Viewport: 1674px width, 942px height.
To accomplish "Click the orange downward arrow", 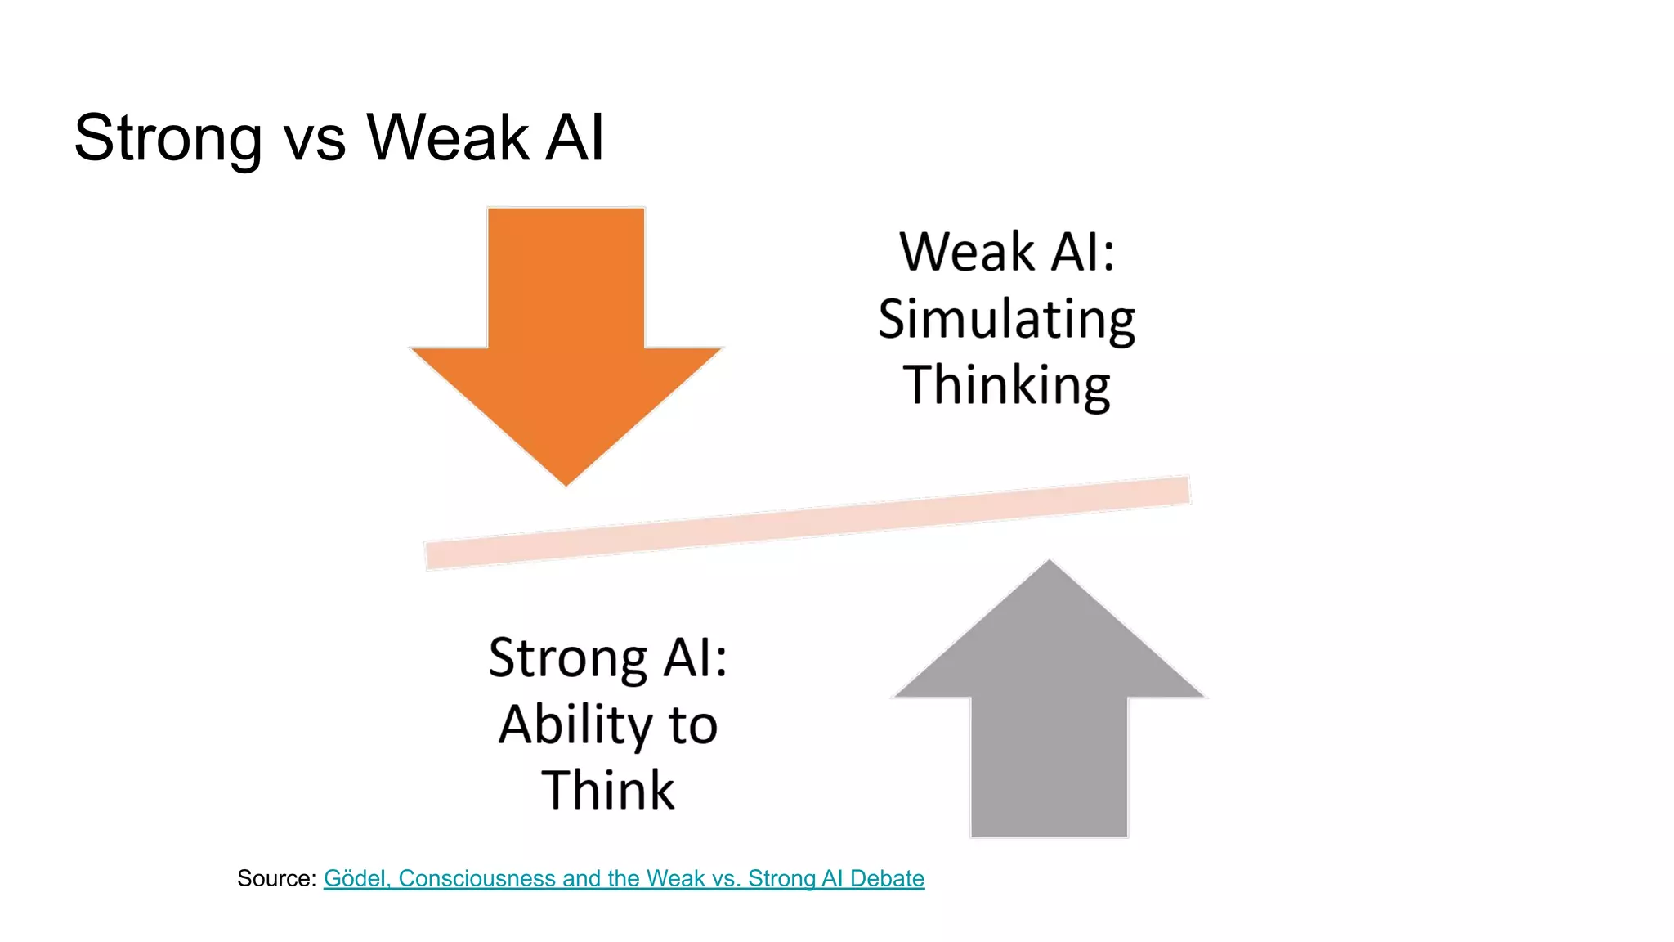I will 566,327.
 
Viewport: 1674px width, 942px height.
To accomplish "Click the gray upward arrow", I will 1050,711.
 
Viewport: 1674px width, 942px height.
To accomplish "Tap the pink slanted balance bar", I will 808,523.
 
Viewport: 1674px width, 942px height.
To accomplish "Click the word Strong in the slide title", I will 168,138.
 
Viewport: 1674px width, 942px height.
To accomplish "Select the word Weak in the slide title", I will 448,137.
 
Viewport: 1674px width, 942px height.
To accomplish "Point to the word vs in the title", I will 315,141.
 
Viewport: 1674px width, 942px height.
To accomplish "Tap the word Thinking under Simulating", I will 1006,385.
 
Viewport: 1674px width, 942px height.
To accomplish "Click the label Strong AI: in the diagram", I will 608,657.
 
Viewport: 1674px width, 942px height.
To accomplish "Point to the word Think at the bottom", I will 608,791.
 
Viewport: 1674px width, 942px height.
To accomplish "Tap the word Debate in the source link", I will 887,878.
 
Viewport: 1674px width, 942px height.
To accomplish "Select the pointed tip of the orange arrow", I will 566,482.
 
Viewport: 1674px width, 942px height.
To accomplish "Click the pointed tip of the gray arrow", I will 1050,563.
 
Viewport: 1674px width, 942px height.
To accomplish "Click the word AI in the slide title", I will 575,137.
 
